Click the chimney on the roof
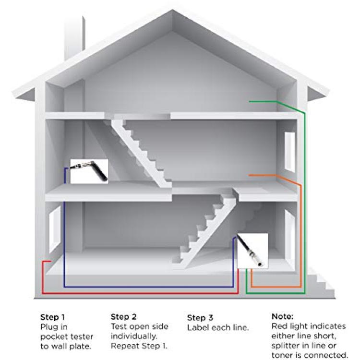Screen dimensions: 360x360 (x=74, y=37)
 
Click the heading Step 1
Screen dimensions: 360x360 (x=53, y=317)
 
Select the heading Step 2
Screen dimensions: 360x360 (x=123, y=317)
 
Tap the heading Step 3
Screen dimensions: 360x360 (x=200, y=318)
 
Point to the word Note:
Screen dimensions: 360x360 (x=282, y=316)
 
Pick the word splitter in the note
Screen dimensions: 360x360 (x=286, y=346)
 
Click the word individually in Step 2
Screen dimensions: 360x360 (x=134, y=336)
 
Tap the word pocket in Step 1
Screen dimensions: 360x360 (x=53, y=337)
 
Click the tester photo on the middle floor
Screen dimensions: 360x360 (x=89, y=171)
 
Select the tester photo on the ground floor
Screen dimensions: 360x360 (x=252, y=251)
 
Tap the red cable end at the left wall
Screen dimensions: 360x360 (x=50, y=261)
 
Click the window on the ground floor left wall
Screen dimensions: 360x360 (x=55, y=229)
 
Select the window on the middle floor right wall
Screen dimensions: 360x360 (x=290, y=152)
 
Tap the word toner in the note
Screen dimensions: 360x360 (x=283, y=355)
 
